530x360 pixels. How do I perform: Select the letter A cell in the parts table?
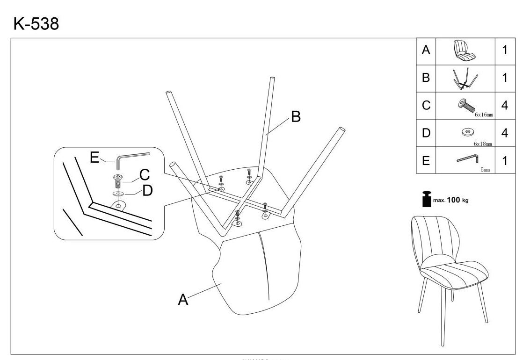[426, 50]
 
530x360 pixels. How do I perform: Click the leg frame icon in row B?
[465, 78]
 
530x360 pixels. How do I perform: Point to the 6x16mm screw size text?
[484, 114]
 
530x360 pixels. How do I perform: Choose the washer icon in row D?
[465, 132]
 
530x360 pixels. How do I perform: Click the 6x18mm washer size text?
[483, 144]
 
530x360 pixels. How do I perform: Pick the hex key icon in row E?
[466, 160]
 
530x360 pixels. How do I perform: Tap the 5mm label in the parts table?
[485, 170]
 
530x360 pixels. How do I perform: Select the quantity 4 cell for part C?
[504, 105]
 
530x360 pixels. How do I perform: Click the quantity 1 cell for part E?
[504, 161]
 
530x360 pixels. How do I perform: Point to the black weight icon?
[426, 199]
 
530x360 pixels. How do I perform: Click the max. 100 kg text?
[450, 200]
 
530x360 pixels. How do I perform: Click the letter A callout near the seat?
[183, 300]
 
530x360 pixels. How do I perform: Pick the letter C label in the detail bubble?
[145, 175]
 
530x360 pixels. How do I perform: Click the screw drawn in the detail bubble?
[117, 180]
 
